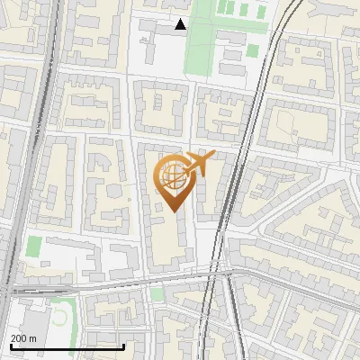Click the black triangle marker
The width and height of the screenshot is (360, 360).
[181, 24]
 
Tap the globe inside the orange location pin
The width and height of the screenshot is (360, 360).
[173, 174]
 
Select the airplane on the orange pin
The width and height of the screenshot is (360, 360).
[200, 164]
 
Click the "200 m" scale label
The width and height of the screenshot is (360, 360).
[23, 338]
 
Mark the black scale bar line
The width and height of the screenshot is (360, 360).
[67, 346]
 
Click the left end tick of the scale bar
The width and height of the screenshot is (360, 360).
[11, 345]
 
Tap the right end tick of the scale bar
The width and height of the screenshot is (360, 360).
[124, 345]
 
